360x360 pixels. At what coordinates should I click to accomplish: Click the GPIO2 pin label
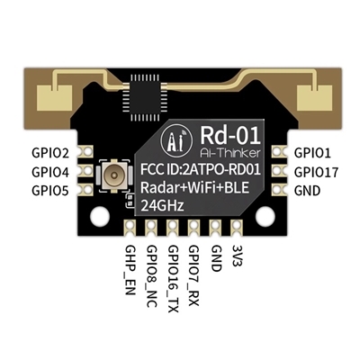pyautogui.click(x=50, y=153)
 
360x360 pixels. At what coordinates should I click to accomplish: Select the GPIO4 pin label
pyautogui.click(x=50, y=171)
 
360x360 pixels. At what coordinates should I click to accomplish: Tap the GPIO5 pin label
pyautogui.click(x=50, y=190)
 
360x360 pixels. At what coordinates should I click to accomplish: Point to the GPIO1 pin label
pyautogui.click(x=312, y=153)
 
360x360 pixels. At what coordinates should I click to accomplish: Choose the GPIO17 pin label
pyautogui.click(x=316, y=171)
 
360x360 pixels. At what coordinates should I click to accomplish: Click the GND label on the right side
pyautogui.click(x=307, y=190)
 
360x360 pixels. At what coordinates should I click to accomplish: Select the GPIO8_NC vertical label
pyautogui.click(x=151, y=269)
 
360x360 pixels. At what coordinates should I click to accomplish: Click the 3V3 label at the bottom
pyautogui.click(x=235, y=253)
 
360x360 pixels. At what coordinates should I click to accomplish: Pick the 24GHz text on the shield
pyautogui.click(x=164, y=206)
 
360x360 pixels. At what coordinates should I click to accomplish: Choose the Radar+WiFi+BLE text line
pyautogui.click(x=200, y=188)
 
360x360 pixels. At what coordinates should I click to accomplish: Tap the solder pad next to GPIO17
pyautogui.click(x=277, y=171)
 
